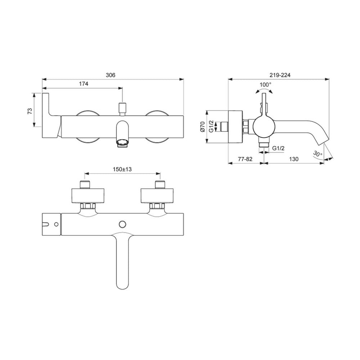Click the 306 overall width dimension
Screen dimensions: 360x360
pos(111,75)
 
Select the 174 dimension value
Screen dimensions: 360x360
pos(84,84)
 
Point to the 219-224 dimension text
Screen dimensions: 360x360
pos(280,75)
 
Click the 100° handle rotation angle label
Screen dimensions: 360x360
pos(265,85)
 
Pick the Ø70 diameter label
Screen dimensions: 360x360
pos(202,126)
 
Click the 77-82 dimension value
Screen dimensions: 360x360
pos(245,159)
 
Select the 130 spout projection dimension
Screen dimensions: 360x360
pos(294,159)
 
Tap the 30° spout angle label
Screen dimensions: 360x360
pos(318,154)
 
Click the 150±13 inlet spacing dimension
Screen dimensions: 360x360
pos(122,169)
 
